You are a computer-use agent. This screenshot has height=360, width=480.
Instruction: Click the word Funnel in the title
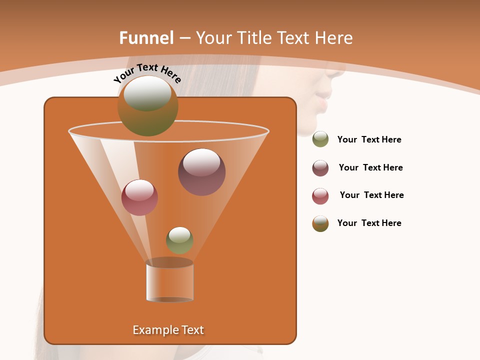[146, 38]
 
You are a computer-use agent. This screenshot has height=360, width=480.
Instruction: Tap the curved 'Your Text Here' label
[147, 73]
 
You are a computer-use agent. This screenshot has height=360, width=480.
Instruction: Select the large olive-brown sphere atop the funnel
[148, 106]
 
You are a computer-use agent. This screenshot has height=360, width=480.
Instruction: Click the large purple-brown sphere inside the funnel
[201, 172]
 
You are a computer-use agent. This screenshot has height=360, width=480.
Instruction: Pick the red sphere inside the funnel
[139, 197]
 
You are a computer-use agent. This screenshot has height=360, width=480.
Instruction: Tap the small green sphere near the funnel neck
[179, 240]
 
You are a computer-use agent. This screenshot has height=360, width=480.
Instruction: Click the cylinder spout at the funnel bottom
[169, 281]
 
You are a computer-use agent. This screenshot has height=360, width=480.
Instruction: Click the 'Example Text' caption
[168, 330]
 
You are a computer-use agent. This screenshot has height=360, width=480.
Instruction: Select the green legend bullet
[320, 139]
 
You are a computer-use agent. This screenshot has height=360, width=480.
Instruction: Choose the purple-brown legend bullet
[320, 168]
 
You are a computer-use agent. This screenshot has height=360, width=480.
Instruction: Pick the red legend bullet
[320, 196]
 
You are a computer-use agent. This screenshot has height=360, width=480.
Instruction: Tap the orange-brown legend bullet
[320, 223]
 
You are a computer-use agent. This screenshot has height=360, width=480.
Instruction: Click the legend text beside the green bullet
[369, 140]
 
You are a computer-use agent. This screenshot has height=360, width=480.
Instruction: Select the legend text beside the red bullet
[371, 195]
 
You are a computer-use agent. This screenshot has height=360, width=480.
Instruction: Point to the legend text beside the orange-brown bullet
[369, 223]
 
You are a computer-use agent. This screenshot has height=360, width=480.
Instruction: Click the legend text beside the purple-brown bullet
[370, 168]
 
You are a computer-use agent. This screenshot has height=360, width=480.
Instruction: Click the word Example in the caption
[152, 330]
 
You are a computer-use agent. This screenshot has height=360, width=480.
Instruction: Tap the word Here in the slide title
[331, 38]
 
